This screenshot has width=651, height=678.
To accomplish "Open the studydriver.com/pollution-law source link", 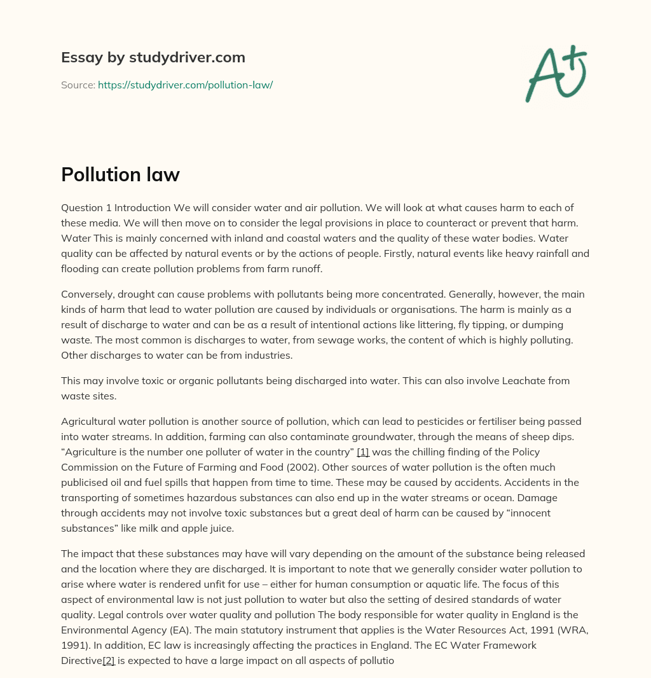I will click(x=185, y=85).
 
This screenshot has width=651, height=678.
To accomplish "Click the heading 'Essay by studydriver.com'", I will click(x=153, y=57).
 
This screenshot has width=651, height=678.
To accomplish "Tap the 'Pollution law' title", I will click(x=120, y=175).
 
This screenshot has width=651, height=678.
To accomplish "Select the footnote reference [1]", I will click(x=363, y=452).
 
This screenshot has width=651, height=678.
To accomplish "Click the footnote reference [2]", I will click(x=109, y=660).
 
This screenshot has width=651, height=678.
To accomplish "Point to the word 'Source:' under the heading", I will click(x=78, y=85).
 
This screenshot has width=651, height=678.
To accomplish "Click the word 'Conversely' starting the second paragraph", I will click(x=86, y=294).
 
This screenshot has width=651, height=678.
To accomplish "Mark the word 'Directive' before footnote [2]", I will click(x=81, y=660).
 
